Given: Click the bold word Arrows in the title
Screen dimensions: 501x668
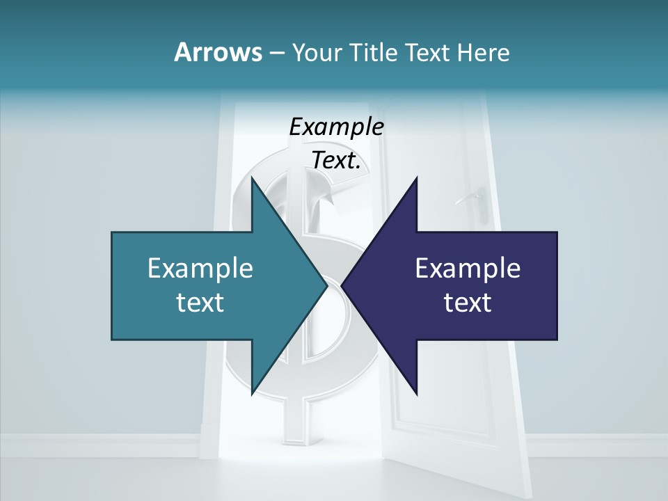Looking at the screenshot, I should click(217, 52).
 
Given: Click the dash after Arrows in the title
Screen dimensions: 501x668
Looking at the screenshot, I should click(276, 53).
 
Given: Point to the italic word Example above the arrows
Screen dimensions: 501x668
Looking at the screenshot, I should click(336, 127).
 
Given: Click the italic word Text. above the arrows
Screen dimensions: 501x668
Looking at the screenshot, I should click(336, 161).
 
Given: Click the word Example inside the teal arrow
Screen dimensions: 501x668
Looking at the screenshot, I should click(200, 269).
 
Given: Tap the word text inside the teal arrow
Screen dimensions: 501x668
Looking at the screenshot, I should click(200, 302).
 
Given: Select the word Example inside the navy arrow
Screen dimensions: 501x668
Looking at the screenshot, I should click(468, 269).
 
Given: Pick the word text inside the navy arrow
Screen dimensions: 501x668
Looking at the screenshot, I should click(468, 302).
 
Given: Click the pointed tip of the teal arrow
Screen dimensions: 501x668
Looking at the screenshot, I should click(328, 285).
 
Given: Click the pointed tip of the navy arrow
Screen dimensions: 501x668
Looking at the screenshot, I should click(342, 285).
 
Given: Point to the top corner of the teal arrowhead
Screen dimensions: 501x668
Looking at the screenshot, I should click(252, 177).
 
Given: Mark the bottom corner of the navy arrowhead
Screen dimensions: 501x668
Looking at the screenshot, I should click(417, 394).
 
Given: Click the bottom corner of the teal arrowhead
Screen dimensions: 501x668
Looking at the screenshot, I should click(252, 394).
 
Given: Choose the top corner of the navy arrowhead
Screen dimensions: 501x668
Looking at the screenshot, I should click(417, 177).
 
